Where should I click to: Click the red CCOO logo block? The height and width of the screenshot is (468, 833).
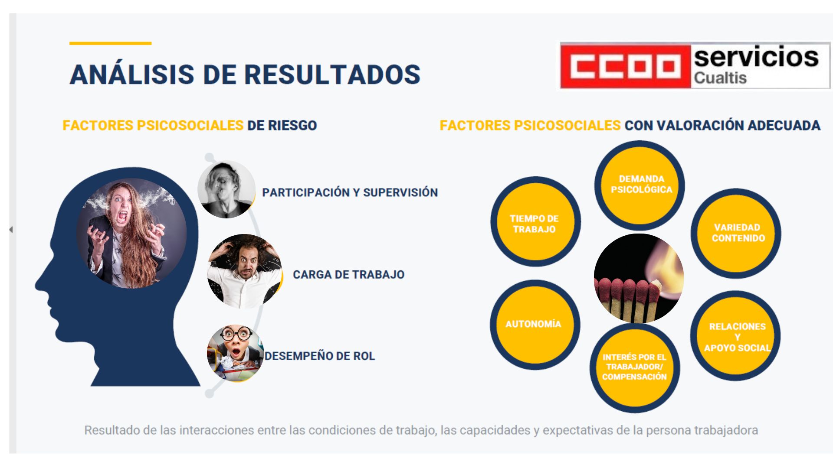coord(625,66)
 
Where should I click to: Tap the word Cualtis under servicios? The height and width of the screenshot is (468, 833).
coord(720,78)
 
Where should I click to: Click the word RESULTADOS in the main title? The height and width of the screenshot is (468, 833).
coord(332,75)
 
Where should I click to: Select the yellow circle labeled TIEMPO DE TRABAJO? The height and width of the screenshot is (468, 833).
coord(535,222)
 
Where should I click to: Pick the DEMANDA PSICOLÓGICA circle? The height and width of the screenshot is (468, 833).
coord(640,185)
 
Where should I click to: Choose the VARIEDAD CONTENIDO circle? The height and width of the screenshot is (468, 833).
coord(736,233)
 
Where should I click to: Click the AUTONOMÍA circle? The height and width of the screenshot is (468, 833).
coord(535,325)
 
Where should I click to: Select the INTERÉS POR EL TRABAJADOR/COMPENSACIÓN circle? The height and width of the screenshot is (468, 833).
coord(635,367)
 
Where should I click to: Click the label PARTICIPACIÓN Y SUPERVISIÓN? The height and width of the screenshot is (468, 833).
coord(350,192)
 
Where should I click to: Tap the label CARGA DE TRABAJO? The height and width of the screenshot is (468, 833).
coord(348,274)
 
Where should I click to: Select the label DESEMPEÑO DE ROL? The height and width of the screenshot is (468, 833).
coord(320,356)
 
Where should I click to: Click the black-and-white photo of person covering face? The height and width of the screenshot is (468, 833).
coord(226,189)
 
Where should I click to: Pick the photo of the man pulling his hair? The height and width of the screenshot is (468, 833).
coord(245,271)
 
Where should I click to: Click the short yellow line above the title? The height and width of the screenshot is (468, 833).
coord(110,43)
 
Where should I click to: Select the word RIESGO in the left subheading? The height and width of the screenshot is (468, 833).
coord(292,125)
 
